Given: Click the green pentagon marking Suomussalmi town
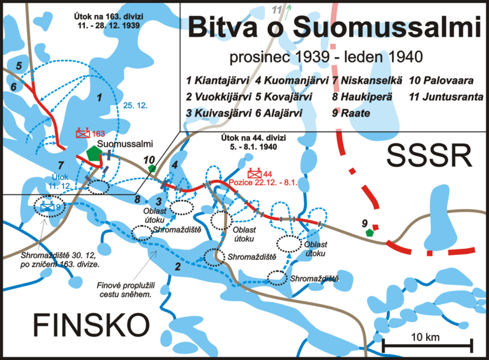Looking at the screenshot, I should coord(94,153).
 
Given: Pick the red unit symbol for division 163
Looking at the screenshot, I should coord(83,133).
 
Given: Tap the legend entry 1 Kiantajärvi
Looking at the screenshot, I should coord(218,81).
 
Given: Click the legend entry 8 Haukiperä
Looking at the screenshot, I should coord(362,97).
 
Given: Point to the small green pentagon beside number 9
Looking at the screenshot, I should coord(369,232).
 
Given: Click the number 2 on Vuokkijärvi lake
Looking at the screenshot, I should coord(178,266).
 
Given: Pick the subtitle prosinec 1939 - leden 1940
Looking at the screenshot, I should coord(318,57).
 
